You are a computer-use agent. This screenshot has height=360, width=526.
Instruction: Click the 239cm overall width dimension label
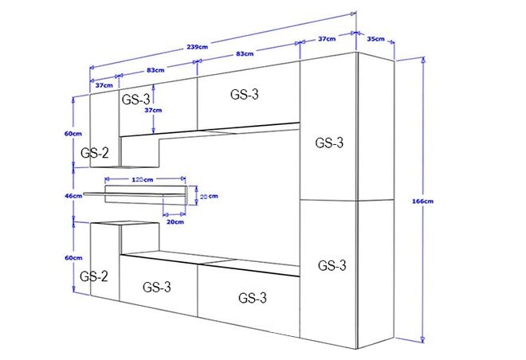coord(198,46)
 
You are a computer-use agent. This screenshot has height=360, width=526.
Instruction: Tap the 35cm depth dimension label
coord(375,39)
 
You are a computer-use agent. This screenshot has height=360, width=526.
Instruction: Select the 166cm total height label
coord(422,202)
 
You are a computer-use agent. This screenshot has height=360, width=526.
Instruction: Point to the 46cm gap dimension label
coord(73,196)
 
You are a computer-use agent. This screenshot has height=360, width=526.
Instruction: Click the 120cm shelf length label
coord(143,180)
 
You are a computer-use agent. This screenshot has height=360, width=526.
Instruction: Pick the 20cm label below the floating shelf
coord(175,221)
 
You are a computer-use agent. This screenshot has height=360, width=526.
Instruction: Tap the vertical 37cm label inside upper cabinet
coord(153,110)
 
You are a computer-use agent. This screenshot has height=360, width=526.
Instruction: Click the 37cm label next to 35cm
coord(327,39)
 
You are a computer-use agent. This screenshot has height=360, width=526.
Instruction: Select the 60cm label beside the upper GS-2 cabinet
coord(73,134)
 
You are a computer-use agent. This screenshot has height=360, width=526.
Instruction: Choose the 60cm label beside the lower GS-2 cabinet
coord(73,258)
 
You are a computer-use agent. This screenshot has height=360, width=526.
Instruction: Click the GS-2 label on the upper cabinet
coord(95,153)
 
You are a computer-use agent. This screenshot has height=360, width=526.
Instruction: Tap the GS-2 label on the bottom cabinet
coord(94,276)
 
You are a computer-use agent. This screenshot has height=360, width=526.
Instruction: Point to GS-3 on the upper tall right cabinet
coord(329,143)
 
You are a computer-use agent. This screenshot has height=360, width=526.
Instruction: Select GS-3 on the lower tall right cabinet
coord(332,265)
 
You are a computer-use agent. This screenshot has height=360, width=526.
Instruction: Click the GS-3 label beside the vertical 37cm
coord(135,100)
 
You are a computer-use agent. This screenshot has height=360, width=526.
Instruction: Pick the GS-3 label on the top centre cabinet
coord(245,94)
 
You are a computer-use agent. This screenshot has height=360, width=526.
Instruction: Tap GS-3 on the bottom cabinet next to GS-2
coord(157,287)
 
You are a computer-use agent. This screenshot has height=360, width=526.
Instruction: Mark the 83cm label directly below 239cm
coord(245,53)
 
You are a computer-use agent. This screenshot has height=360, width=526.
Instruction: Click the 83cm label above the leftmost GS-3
coord(155,70)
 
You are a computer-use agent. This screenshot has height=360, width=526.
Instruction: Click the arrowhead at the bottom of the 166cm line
coord(423,339)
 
